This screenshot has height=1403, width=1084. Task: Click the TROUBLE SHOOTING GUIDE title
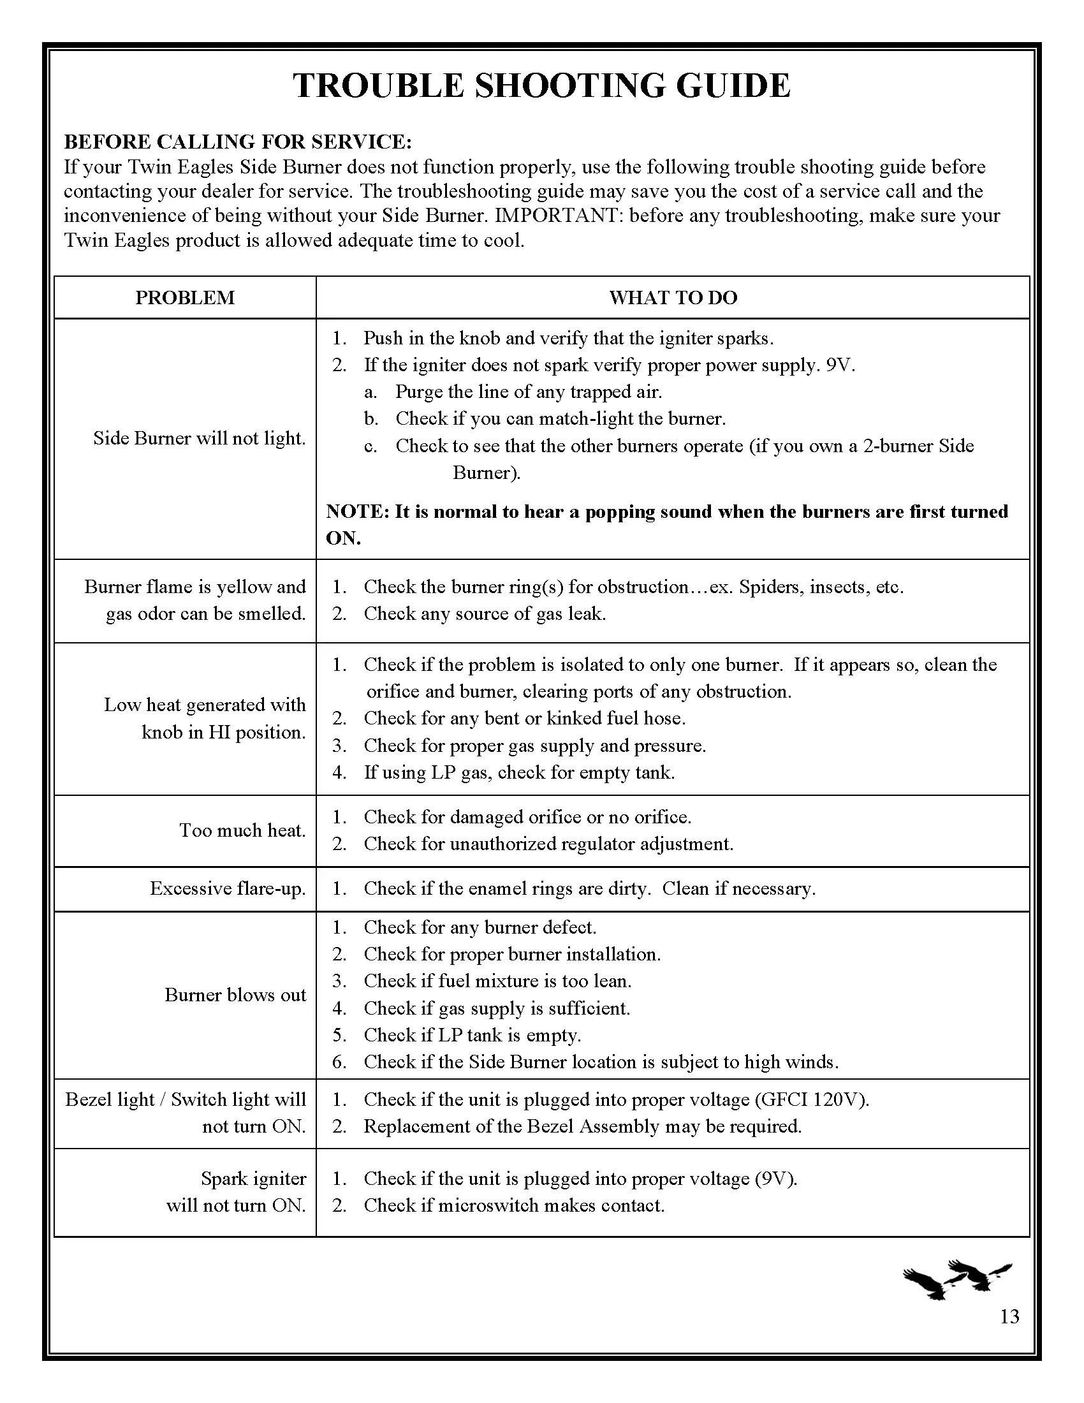tap(541, 85)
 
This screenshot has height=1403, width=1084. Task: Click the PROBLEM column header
tap(185, 297)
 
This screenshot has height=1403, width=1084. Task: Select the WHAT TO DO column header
tap(672, 297)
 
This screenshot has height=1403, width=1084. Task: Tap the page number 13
tap(1009, 1317)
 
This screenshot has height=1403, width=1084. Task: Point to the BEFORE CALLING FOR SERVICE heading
tap(238, 142)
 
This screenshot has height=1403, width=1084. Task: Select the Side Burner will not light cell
tap(199, 438)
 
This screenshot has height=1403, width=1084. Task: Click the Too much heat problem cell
tap(242, 830)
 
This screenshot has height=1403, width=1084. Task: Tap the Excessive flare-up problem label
tap(228, 888)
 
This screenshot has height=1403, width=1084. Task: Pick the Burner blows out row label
tap(235, 994)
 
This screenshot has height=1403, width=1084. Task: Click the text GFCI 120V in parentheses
tap(810, 1099)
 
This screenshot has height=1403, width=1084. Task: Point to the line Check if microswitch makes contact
tap(514, 1205)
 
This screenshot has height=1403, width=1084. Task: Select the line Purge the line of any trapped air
tap(528, 391)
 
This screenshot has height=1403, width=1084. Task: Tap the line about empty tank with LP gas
tap(519, 772)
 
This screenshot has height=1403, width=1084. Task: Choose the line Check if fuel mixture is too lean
tap(497, 980)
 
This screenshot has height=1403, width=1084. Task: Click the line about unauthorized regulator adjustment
tap(548, 844)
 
